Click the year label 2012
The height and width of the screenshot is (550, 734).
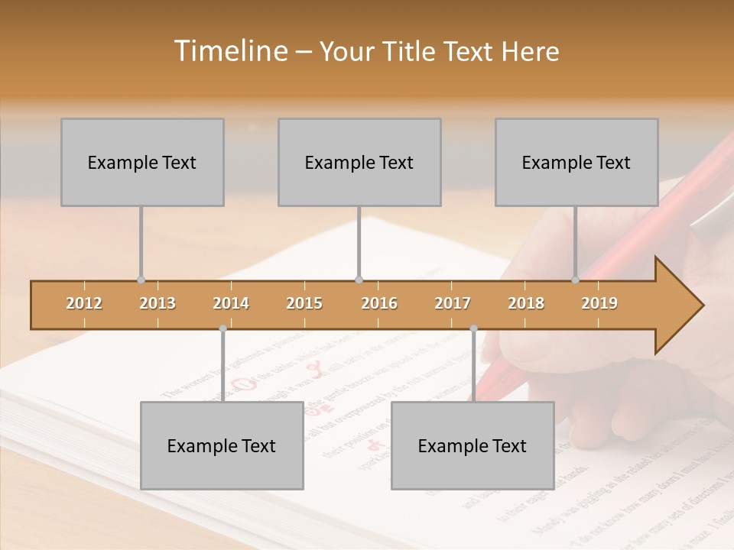(x=84, y=303)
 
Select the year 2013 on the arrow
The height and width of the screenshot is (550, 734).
(x=158, y=303)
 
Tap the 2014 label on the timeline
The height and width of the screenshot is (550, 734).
(x=231, y=303)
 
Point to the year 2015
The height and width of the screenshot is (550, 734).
(x=304, y=303)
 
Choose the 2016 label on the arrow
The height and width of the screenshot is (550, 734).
(x=379, y=303)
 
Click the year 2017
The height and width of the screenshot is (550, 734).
(x=453, y=303)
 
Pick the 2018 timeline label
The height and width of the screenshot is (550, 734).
(x=526, y=303)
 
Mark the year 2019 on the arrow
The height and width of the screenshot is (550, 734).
(x=599, y=303)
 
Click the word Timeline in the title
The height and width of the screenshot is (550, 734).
(x=229, y=51)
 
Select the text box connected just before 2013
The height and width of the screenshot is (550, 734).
(x=142, y=162)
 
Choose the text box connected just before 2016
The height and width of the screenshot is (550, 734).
(x=359, y=162)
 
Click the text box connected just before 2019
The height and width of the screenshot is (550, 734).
(x=576, y=162)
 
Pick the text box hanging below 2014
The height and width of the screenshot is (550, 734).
(x=222, y=445)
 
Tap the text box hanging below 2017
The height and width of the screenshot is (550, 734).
(x=473, y=445)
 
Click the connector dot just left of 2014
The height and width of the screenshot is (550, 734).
(x=222, y=328)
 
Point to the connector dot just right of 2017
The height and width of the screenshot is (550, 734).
(x=473, y=328)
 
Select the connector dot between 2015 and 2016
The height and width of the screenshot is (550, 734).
(x=359, y=280)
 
